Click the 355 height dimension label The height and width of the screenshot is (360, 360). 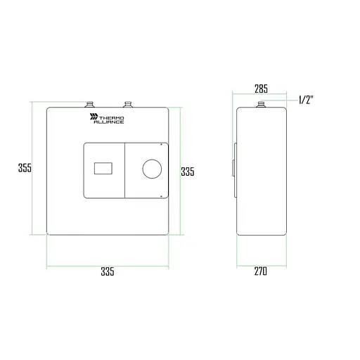tap(25, 168)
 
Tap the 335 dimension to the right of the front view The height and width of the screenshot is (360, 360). tap(188, 172)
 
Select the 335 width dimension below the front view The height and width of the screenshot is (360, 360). tap(108, 271)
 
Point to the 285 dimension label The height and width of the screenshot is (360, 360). tap(261, 89)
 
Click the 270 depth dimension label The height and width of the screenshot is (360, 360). tap(261, 271)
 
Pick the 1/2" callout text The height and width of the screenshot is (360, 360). tap(306, 100)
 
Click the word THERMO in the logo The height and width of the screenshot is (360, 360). tap(112, 118)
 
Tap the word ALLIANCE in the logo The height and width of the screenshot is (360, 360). tap(109, 122)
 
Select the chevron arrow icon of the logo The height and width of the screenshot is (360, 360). tap(94, 117)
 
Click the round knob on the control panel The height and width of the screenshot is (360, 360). tap(152, 169)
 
